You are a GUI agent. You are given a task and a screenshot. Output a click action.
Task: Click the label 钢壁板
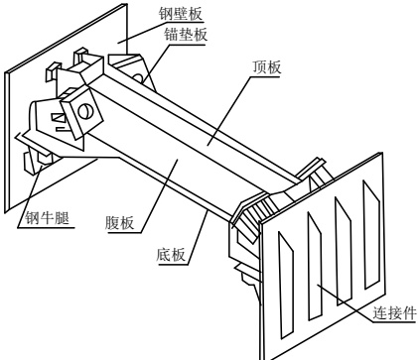(x=180, y=14)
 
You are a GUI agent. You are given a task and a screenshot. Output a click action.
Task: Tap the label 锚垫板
(x=186, y=35)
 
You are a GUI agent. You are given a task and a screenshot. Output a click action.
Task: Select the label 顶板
(x=267, y=67)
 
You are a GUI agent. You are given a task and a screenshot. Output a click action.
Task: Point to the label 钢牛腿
(x=48, y=218)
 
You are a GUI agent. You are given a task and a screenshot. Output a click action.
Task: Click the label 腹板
(x=119, y=223)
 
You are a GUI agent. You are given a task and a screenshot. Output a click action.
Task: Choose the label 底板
(x=171, y=255)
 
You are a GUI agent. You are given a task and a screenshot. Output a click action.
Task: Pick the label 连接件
(x=394, y=312)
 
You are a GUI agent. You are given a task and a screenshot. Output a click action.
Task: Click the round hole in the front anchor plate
(x=84, y=111)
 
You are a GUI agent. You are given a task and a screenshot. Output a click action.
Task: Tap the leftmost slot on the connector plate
(x=286, y=285)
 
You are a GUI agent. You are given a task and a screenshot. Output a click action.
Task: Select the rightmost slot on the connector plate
(x=371, y=235)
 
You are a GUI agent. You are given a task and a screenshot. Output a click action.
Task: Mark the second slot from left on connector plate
(x=315, y=266)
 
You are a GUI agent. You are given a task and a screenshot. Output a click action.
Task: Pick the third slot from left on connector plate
(x=343, y=251)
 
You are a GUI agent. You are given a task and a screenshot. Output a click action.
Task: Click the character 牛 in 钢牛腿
(x=48, y=218)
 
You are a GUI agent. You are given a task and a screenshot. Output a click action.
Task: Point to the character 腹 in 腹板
(x=112, y=223)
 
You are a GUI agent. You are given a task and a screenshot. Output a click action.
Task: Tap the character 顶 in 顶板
(x=260, y=67)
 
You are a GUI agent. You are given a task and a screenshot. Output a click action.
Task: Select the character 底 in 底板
(x=164, y=255)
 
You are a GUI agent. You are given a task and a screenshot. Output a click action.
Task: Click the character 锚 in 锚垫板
(x=172, y=35)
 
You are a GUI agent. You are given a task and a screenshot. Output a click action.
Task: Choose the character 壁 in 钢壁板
(x=180, y=14)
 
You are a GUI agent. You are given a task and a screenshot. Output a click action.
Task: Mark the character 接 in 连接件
(x=394, y=312)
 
